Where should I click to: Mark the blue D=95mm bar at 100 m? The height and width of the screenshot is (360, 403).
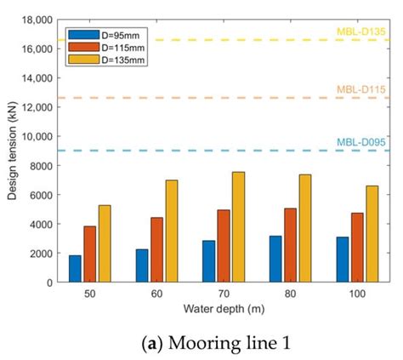340,260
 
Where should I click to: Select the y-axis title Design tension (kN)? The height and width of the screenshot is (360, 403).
11,151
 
